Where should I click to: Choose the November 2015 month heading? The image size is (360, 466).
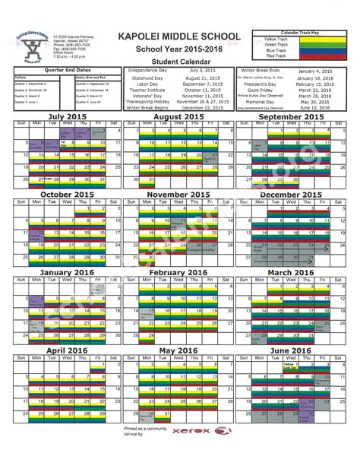pos(180,195)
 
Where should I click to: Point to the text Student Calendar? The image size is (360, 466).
pos(179,62)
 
